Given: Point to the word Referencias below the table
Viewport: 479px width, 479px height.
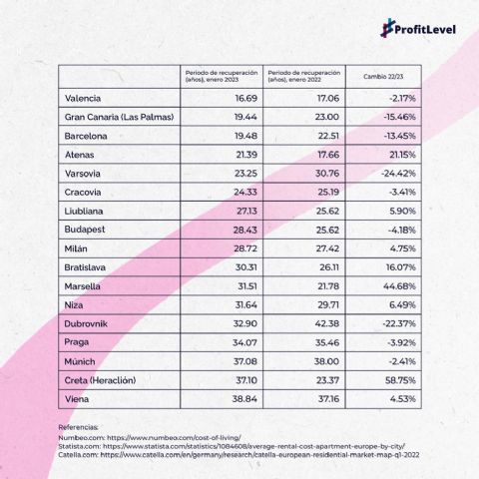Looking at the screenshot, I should point(83,426).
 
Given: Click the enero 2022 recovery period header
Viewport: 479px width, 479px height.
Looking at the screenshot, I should point(304,77).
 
